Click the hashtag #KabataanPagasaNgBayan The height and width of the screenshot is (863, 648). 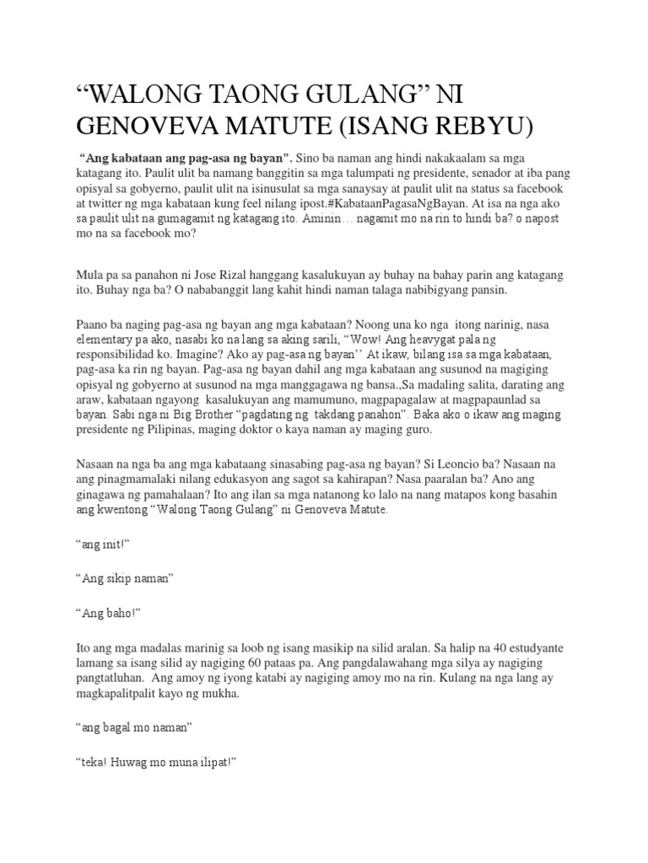coord(383,205)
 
